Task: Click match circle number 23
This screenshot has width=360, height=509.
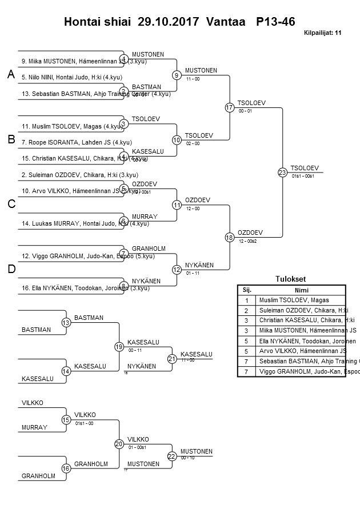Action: coord(282,172)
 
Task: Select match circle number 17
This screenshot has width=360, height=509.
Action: coord(230,107)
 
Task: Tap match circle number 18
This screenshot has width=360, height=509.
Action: coord(230,237)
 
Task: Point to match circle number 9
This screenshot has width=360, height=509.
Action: coord(177,75)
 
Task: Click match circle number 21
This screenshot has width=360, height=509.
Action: coord(172,359)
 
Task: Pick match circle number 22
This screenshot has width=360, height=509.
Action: coord(172,456)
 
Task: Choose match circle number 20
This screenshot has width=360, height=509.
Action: coord(119,443)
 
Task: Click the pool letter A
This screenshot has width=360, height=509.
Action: coord(10,74)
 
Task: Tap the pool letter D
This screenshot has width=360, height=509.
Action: coord(11,269)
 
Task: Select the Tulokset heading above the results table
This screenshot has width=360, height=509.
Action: coord(291,279)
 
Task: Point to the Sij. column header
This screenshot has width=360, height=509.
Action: coord(247,290)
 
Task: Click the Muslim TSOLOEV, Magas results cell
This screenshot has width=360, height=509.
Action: coord(294,300)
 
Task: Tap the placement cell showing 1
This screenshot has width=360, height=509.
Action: coord(247,300)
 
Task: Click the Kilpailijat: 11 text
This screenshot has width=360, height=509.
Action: coord(322,33)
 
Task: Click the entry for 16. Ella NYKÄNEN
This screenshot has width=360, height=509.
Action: coord(74,289)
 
